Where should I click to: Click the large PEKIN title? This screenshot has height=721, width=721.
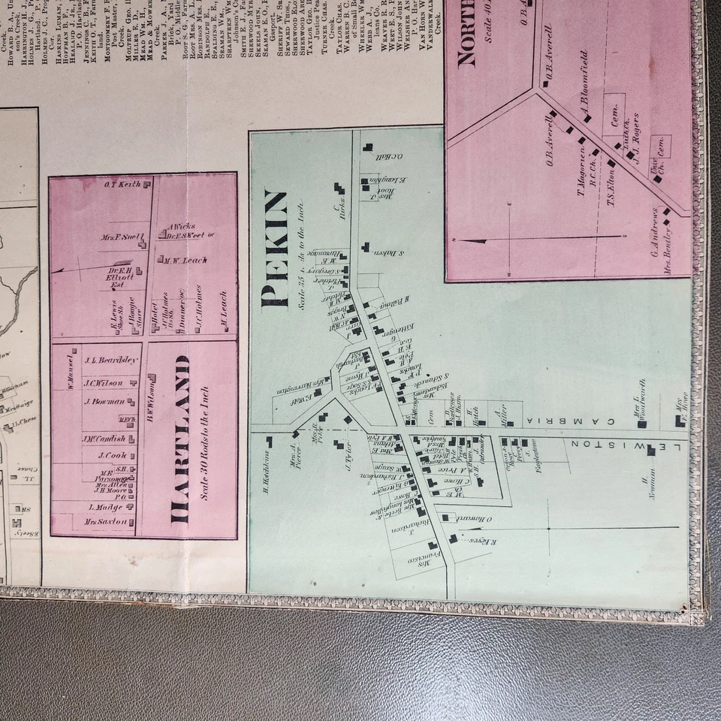(x=276, y=249)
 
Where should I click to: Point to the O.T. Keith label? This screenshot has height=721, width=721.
(x=123, y=185)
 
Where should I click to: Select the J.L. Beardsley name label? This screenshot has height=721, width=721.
(x=111, y=360)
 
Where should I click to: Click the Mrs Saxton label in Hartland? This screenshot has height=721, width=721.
(x=106, y=521)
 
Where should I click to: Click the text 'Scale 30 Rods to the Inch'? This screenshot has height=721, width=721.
(x=205, y=444)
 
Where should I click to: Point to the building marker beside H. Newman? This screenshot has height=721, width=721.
(x=650, y=450)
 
